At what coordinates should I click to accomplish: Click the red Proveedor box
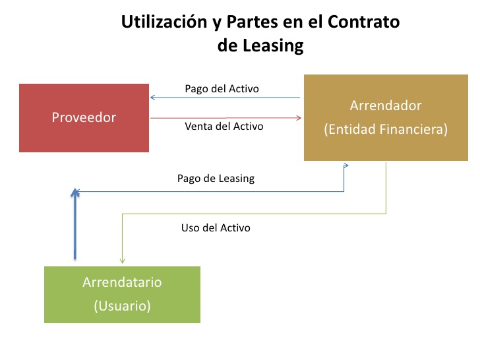pos(84,117)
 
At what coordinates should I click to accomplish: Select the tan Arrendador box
pos(385,117)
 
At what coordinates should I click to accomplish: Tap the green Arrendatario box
pos(122,294)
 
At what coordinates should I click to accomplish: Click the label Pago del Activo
pos(222,88)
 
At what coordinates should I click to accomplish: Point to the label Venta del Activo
pos(224,126)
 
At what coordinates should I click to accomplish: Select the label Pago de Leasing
pos(216,178)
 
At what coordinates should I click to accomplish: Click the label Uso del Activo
pos(216,228)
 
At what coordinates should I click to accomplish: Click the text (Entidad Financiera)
pos(385,130)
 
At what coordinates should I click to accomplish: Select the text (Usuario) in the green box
pos(122,306)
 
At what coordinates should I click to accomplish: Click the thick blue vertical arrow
pos(75,227)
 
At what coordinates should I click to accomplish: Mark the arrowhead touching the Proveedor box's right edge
pos(153,98)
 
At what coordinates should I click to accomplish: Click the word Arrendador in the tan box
pos(385,105)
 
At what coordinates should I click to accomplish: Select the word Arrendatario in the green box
pos(122,282)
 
